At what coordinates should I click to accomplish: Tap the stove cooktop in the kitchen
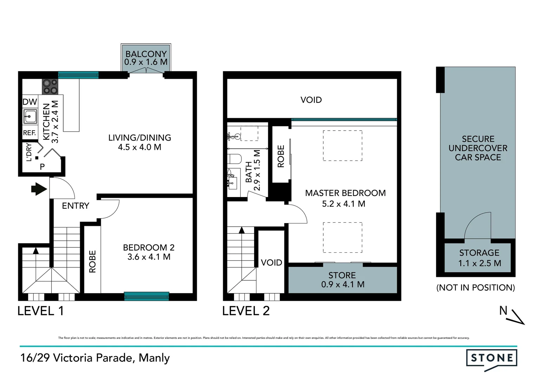tap(50, 87)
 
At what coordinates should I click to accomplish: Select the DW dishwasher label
tap(30, 102)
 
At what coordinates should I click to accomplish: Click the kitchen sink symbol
tap(30, 116)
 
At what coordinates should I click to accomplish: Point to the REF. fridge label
tap(30, 133)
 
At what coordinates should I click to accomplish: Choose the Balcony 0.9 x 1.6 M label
tap(146, 58)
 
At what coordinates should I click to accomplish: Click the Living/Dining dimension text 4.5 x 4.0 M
tap(140, 147)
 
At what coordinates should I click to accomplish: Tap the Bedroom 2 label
tap(149, 247)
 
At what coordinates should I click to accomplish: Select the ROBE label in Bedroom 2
tap(92, 261)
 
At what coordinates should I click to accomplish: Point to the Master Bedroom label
tap(345, 193)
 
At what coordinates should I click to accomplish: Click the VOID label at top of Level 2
tap(311, 100)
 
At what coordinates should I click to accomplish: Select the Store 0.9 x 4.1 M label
tap(343, 280)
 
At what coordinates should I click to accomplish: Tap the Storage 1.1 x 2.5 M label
tap(479, 258)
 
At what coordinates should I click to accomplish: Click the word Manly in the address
tap(154, 358)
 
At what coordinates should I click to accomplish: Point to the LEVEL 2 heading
tap(246, 311)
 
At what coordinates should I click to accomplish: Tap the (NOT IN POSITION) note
tap(475, 287)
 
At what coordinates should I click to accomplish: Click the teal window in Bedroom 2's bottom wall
tap(147, 296)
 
